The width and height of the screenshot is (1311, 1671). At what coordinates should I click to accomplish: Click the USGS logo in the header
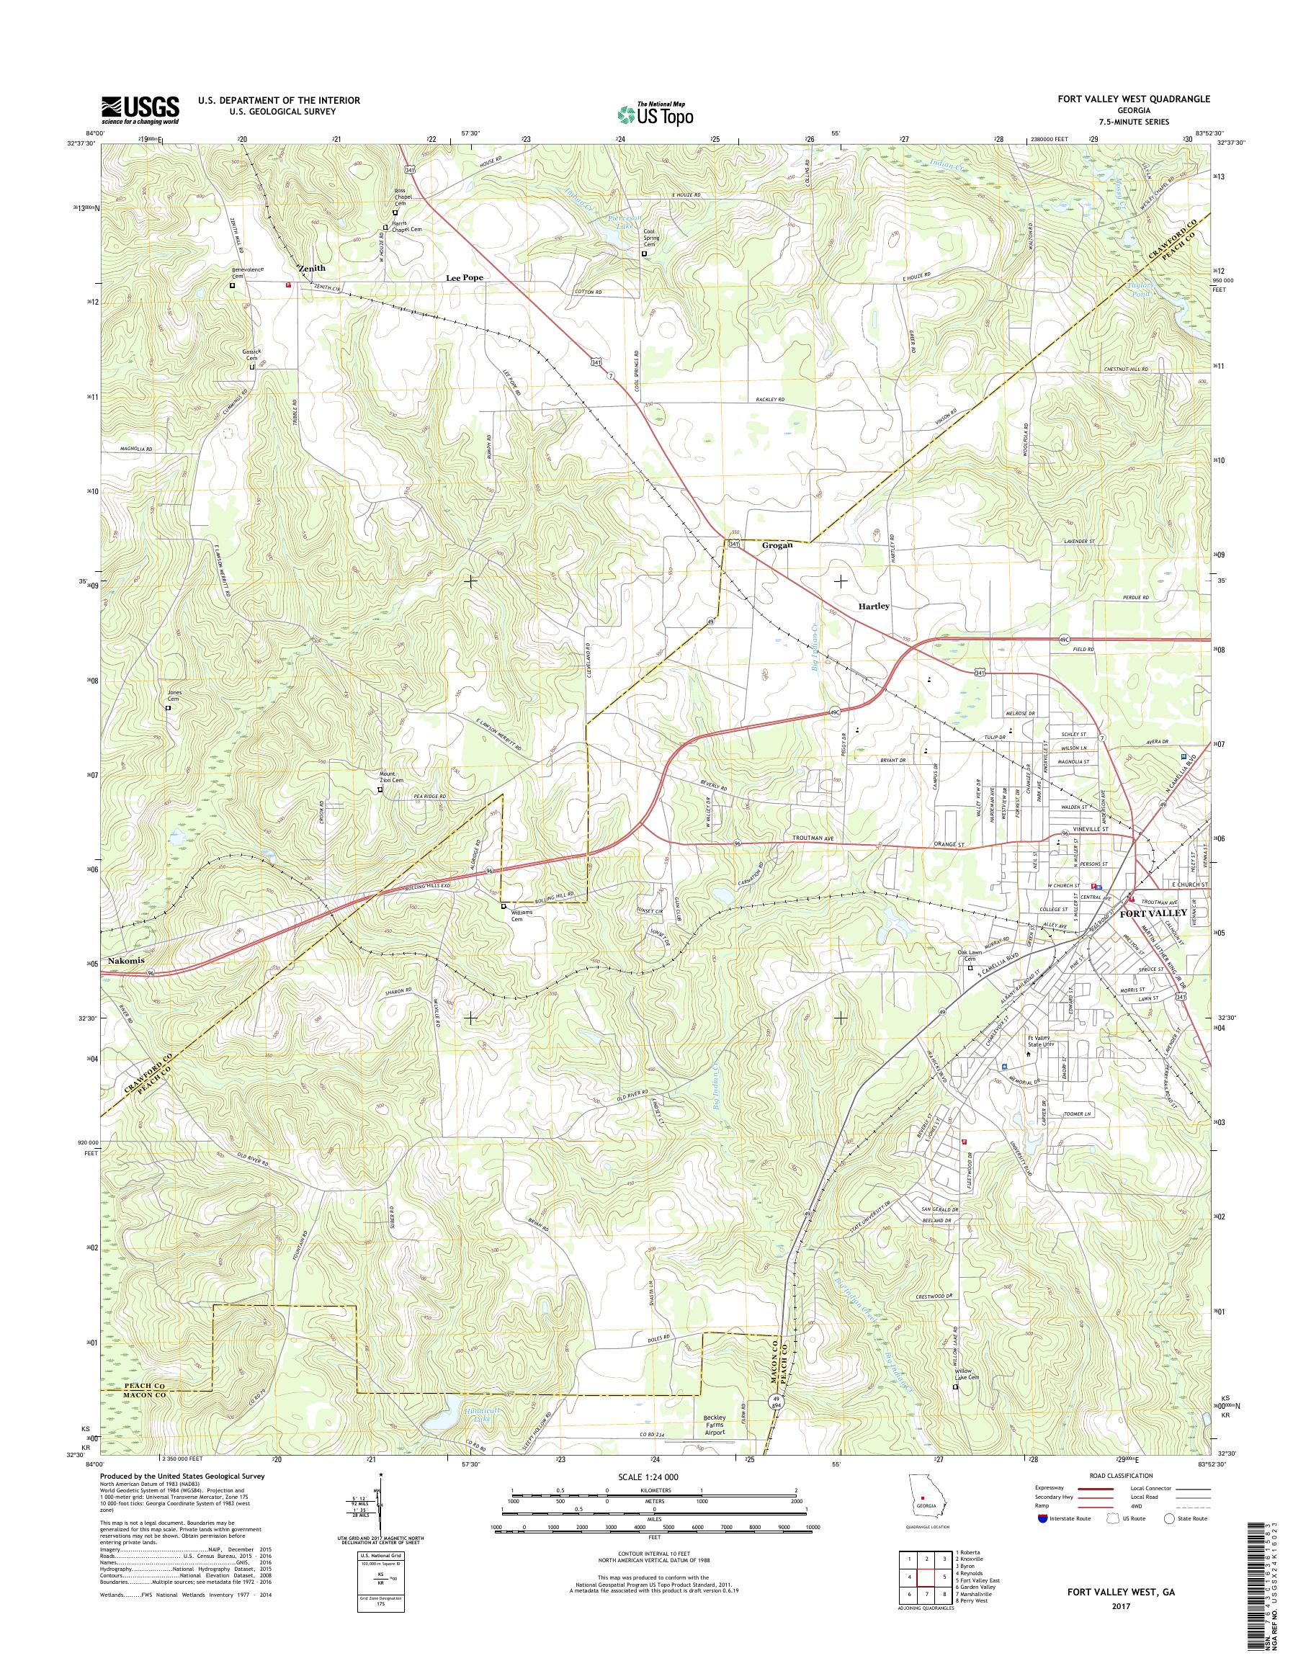[x=140, y=109]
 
